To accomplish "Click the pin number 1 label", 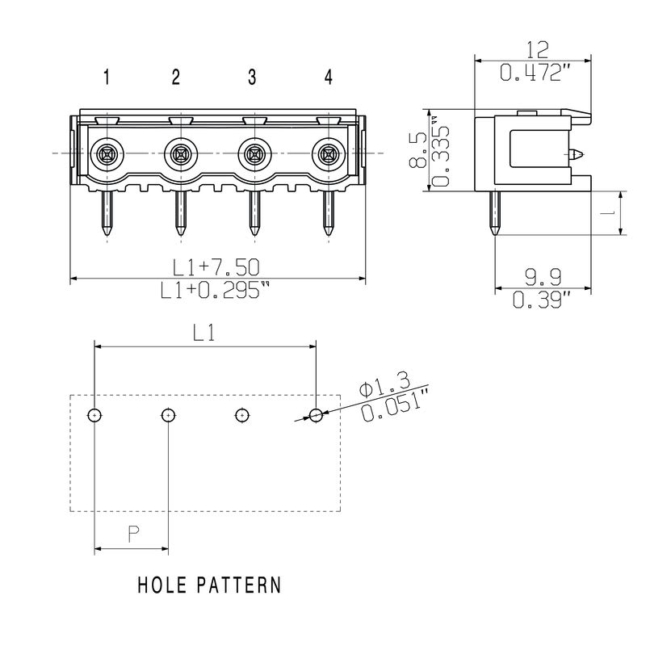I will (106, 78).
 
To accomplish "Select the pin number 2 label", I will (176, 78).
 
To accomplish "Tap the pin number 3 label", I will (252, 78).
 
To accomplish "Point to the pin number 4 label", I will (328, 78).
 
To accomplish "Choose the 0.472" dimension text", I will (534, 73).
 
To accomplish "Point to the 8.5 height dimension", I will (414, 149).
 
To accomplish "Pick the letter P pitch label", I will (133, 534).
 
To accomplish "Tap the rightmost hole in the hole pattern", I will (316, 415).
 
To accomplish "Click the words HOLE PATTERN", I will (208, 585).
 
